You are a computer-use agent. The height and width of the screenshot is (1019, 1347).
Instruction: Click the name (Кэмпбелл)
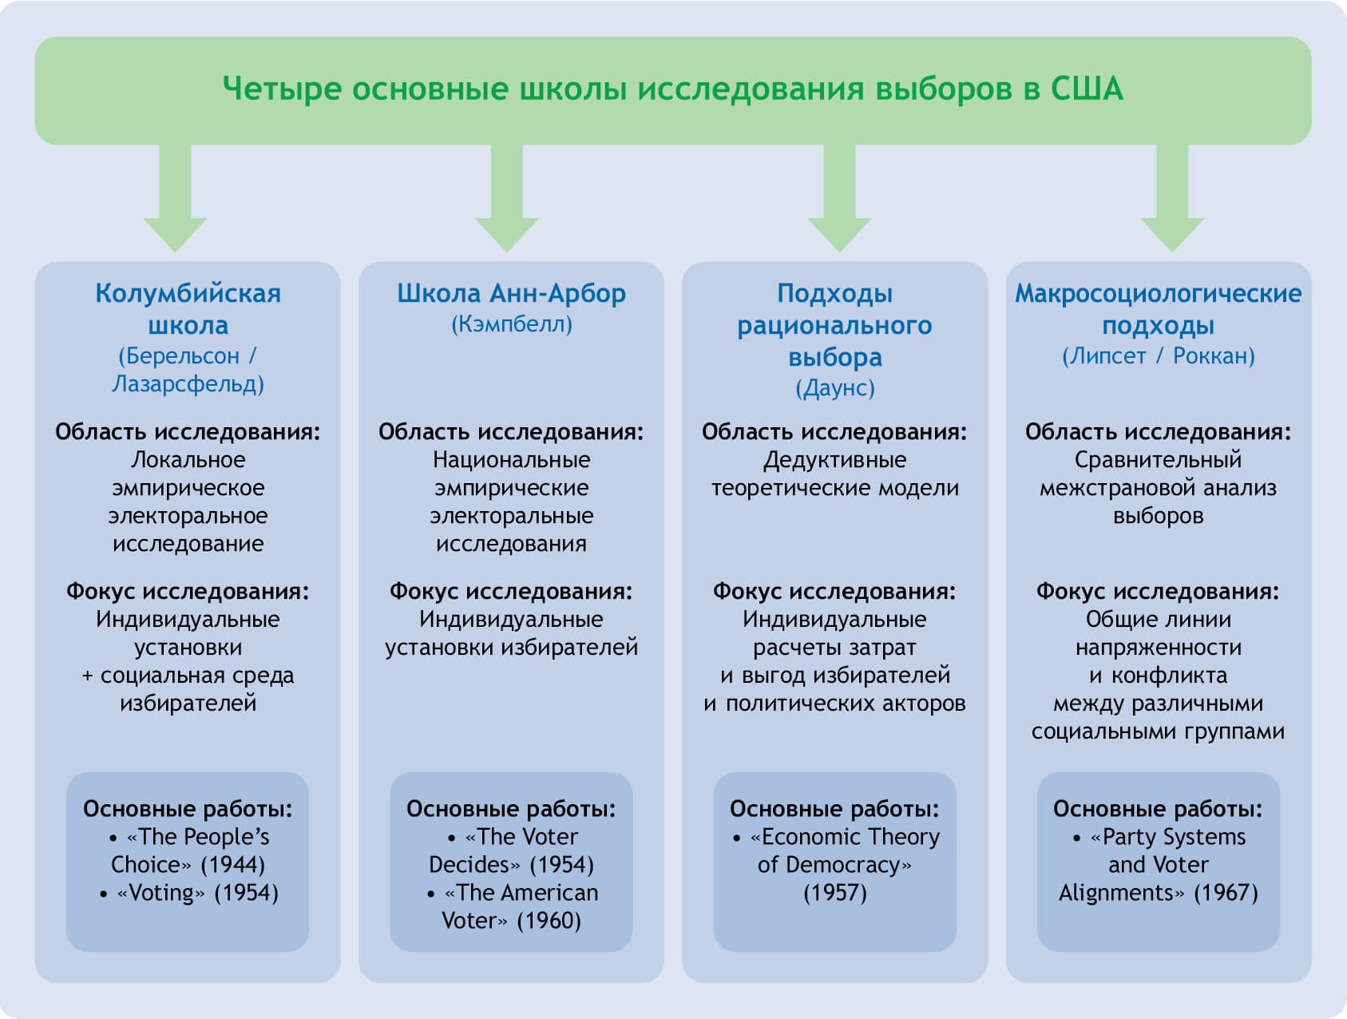click(512, 324)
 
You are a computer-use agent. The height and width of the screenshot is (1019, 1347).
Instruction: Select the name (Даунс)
click(835, 388)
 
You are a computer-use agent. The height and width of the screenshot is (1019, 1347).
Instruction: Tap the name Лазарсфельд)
click(188, 384)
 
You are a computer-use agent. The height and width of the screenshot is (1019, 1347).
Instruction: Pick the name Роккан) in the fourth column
click(1214, 356)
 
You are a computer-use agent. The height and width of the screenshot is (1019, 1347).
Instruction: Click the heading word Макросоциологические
click(1158, 294)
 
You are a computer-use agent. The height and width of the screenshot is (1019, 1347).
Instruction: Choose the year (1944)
click(233, 865)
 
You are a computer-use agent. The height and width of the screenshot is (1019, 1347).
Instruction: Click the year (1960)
click(549, 921)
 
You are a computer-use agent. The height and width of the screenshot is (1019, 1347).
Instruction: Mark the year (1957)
click(835, 893)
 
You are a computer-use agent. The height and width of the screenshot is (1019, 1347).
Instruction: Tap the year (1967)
click(1226, 893)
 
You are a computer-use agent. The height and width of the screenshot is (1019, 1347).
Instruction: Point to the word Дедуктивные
click(835, 460)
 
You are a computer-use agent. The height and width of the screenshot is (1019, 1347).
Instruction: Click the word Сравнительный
click(1158, 460)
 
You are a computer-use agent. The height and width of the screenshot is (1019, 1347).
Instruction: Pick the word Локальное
click(188, 460)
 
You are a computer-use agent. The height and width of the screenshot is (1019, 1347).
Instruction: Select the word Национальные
click(512, 460)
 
